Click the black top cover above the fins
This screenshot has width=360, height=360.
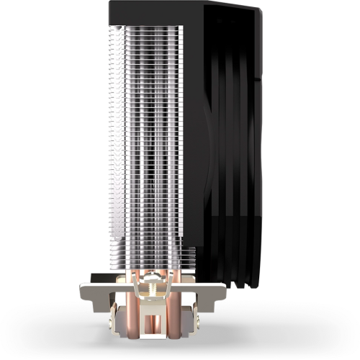click(155, 13)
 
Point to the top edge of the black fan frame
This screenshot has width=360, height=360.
click(230, 6)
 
